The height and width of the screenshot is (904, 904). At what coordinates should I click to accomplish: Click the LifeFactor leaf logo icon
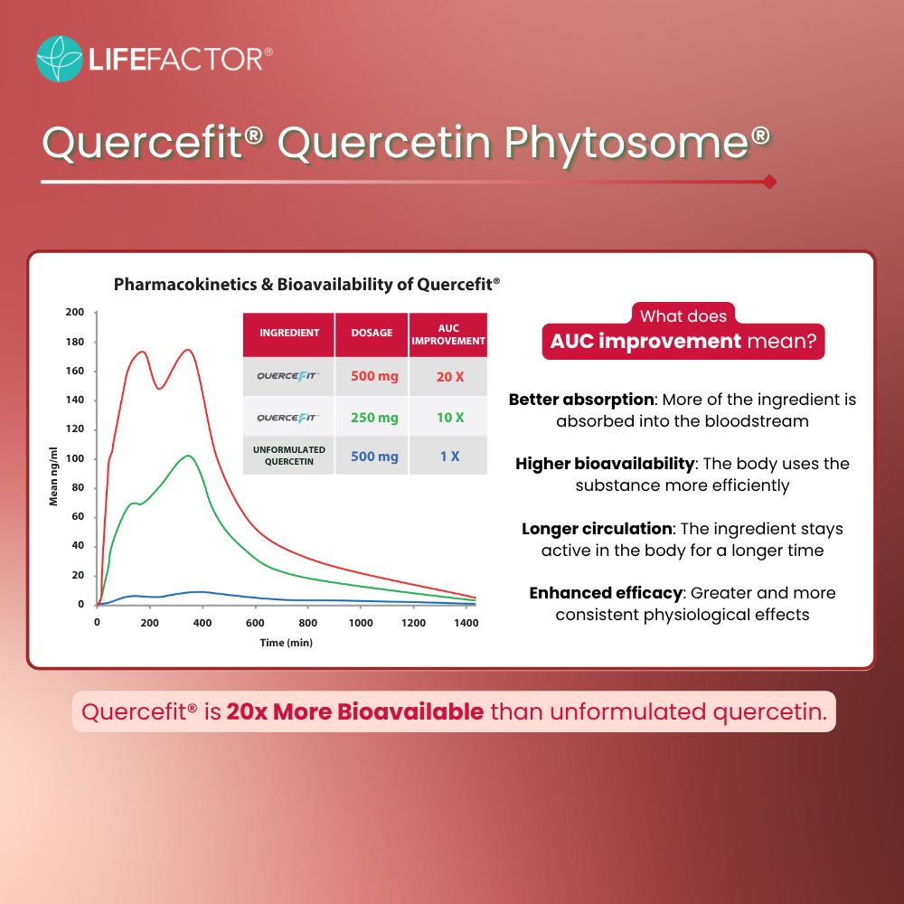pyautogui.click(x=60, y=59)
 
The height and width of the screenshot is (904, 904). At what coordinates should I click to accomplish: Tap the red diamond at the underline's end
pyautogui.click(x=769, y=183)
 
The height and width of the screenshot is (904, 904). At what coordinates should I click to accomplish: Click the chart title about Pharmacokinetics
pyautogui.click(x=306, y=284)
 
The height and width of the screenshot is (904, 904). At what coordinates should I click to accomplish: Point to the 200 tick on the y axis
pyautogui.click(x=75, y=313)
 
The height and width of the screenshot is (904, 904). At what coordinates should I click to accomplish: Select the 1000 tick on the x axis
pyautogui.click(x=361, y=623)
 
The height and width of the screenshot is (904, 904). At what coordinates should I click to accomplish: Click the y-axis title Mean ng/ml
pyautogui.click(x=53, y=476)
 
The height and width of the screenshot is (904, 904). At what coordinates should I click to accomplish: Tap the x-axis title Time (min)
pyautogui.click(x=287, y=643)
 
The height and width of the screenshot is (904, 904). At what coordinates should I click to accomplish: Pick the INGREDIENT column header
pyautogui.click(x=289, y=334)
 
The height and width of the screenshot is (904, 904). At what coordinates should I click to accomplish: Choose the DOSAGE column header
pyautogui.click(x=372, y=334)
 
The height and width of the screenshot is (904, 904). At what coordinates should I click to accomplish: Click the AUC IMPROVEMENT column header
pyautogui.click(x=448, y=334)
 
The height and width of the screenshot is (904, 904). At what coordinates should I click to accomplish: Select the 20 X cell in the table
pyautogui.click(x=449, y=377)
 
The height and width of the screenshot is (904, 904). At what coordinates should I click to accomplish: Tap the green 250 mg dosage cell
pyautogui.click(x=375, y=418)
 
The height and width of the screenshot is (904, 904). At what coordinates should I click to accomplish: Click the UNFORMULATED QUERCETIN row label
pyautogui.click(x=289, y=456)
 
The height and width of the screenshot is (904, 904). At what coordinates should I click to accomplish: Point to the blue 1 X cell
pyautogui.click(x=449, y=457)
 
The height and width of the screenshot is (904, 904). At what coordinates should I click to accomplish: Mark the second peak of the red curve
pyautogui.click(x=188, y=349)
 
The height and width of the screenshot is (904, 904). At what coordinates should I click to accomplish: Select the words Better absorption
pyautogui.click(x=581, y=400)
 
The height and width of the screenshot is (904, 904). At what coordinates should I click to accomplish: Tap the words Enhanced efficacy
pyautogui.click(x=606, y=593)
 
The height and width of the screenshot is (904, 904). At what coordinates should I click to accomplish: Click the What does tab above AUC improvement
pyautogui.click(x=683, y=315)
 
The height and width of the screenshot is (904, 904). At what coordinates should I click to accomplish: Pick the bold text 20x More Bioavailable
pyautogui.click(x=354, y=712)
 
